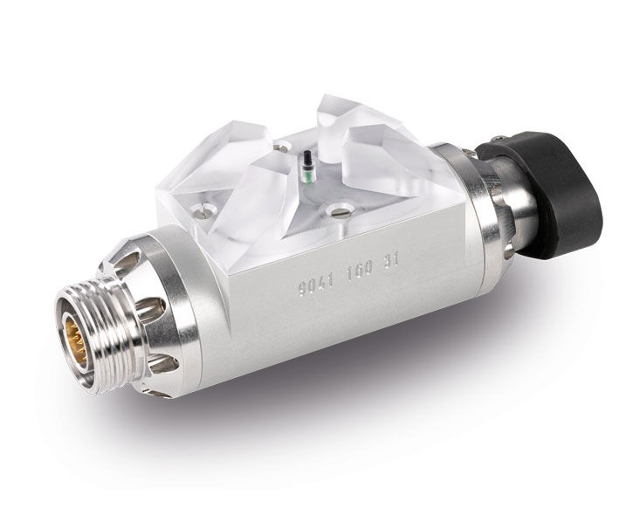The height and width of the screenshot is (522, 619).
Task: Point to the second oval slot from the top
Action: point(150,306)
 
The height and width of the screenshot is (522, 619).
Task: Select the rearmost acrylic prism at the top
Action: point(346,113)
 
